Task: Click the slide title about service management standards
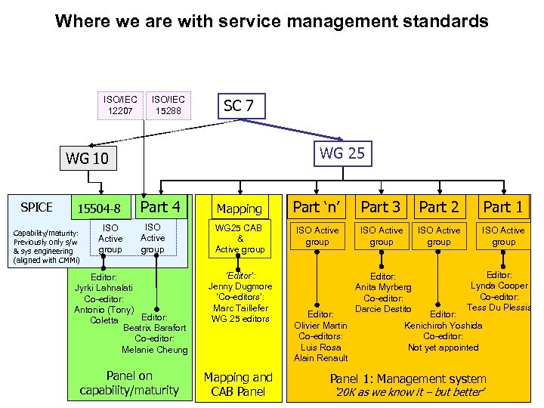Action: tap(272, 21)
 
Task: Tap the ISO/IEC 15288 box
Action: tap(168, 106)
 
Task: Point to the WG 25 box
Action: tap(342, 153)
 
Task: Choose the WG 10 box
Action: tap(88, 158)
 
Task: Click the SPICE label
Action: tap(36, 207)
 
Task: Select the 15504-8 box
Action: tap(99, 208)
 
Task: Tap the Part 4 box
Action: tap(160, 207)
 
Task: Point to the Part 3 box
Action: tap(381, 207)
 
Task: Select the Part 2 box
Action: tap(439, 207)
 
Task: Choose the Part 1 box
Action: tap(502, 207)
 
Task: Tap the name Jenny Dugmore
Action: tap(240, 286)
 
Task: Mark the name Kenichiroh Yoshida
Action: tap(444, 326)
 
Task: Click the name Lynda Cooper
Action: tap(499, 286)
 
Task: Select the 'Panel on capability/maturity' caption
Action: tap(129, 383)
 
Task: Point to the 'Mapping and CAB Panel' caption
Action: tap(239, 383)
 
